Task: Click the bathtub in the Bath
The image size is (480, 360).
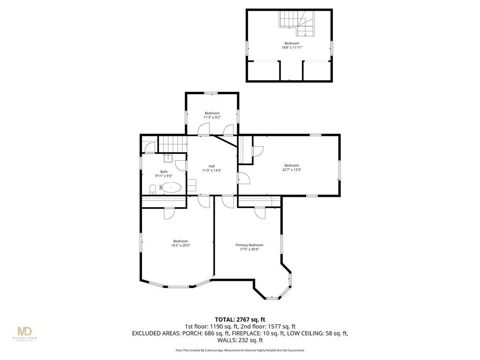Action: (171, 187)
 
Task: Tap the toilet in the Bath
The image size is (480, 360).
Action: (153, 189)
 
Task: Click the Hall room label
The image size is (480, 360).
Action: (211, 166)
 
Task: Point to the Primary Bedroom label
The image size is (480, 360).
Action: (249, 245)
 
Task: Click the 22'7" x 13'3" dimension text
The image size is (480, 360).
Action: (292, 170)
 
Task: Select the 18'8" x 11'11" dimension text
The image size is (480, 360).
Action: (292, 47)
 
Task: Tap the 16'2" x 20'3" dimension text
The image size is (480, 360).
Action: (180, 245)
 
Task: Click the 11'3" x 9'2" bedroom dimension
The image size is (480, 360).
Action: (212, 117)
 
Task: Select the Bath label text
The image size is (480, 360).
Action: (164, 172)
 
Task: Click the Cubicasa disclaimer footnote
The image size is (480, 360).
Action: (240, 350)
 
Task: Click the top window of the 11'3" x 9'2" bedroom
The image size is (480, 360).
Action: (211, 93)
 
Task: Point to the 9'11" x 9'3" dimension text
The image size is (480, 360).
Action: (164, 176)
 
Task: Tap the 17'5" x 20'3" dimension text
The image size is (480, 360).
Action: (249, 249)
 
